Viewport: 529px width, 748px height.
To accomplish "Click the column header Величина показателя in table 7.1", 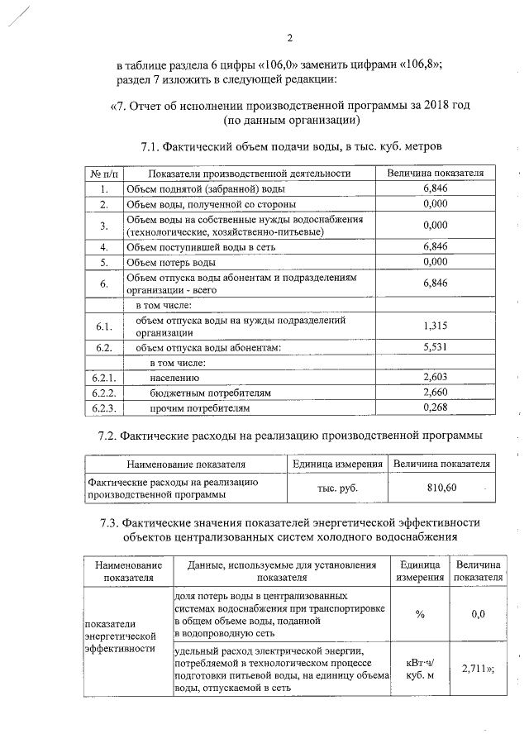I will point(435,174).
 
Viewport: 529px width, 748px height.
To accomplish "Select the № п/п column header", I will point(103,174).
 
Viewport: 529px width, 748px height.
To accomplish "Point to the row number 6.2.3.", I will point(103,407).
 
